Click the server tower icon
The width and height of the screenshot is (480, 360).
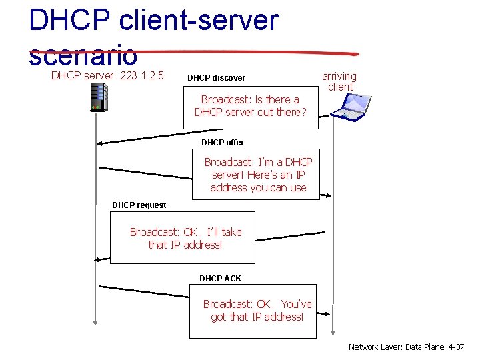98,97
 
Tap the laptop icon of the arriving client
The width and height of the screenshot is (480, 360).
352,107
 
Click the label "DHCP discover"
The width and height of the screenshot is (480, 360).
216,78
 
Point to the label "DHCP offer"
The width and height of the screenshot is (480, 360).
223,143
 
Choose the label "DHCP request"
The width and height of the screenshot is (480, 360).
139,205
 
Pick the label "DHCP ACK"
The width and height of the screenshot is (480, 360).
220,278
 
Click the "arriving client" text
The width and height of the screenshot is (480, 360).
339,81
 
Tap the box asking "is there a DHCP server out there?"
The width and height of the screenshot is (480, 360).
251,106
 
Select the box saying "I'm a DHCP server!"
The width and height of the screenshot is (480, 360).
258,175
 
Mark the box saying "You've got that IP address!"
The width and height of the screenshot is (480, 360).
257,311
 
